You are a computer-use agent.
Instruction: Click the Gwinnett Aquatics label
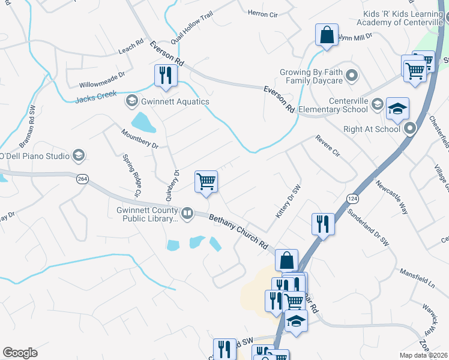tap(175, 101)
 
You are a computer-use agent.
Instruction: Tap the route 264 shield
tap(83, 178)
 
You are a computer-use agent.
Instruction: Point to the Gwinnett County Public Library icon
tap(187, 214)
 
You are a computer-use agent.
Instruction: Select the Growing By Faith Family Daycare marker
tap(352, 76)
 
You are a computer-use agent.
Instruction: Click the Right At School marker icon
tap(411, 128)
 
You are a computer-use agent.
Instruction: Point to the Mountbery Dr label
tap(139, 138)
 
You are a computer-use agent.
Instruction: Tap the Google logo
tap(20, 353)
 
